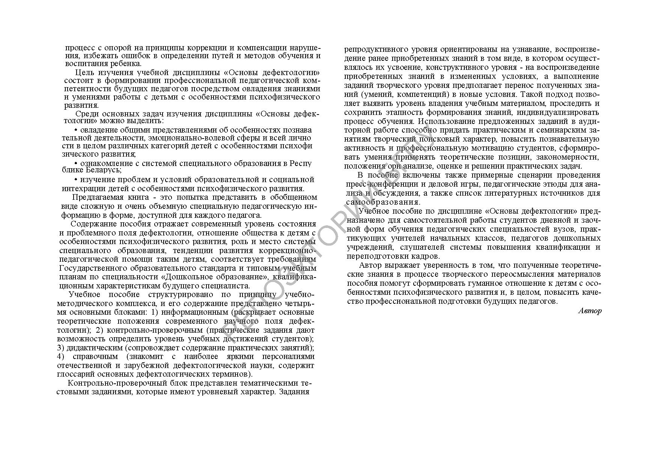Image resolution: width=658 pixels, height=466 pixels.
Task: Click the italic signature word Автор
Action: click(590, 311)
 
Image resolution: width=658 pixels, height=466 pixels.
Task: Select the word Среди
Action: click(86, 114)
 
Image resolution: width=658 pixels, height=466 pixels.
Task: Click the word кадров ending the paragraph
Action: click(428, 256)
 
